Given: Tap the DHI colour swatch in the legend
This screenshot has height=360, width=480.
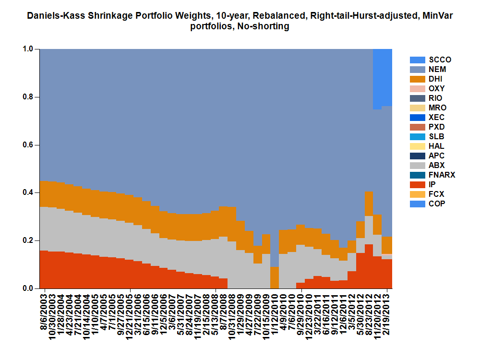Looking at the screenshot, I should click(418, 79).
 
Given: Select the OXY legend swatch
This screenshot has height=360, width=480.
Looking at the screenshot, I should click(418, 89).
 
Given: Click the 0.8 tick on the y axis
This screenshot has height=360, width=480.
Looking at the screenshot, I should click(28, 97).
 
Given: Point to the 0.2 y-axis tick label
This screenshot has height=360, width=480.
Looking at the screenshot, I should click(28, 240).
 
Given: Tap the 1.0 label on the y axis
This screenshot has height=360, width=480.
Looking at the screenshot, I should click(28, 49).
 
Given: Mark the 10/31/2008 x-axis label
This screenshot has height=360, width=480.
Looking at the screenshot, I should click(232, 317).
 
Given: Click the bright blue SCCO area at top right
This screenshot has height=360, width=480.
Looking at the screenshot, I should click(383, 77).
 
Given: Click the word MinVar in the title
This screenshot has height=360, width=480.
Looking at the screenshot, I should click(437, 16).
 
